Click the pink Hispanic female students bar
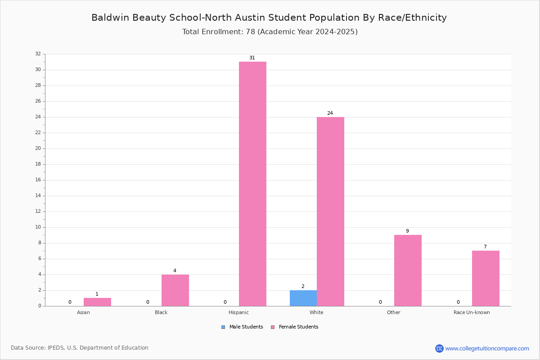coord(252,184)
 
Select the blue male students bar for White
coord(303,298)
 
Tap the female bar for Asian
coord(97,302)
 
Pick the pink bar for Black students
coord(175,290)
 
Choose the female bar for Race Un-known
coord(486,279)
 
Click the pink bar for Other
coord(408,270)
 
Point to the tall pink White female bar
coord(330,211)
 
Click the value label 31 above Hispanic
coord(252,58)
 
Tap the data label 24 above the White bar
coord(330,113)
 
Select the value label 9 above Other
coord(407,231)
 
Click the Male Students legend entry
coord(242,327)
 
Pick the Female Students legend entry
coord(295,327)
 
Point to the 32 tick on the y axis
coord(38,54)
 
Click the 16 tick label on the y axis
coord(38,180)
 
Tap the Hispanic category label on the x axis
coord(238,312)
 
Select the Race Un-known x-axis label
coord(472,312)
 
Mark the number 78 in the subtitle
coord(250,31)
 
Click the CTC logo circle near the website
coord(439,348)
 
